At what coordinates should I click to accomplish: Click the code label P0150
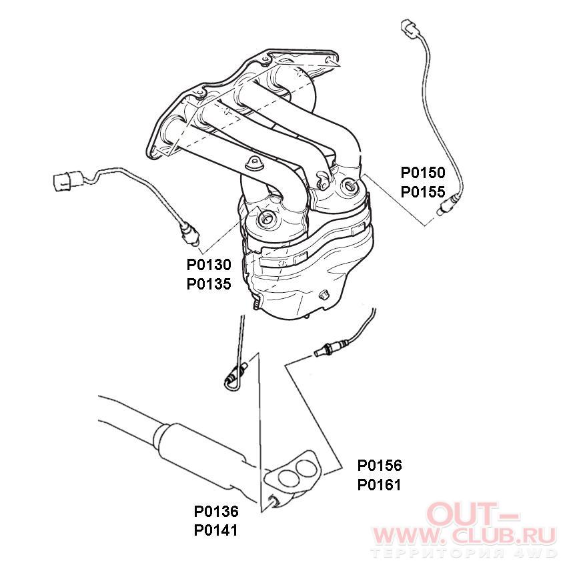click(x=423, y=173)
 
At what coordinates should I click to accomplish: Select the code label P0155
click(x=423, y=192)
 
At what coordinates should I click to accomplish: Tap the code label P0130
click(x=209, y=265)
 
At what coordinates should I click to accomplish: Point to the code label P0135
click(x=209, y=284)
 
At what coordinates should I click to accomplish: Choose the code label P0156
click(x=380, y=466)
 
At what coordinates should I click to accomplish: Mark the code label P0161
click(x=380, y=485)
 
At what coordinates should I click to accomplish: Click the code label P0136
click(x=216, y=512)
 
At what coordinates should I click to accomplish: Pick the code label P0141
click(x=216, y=530)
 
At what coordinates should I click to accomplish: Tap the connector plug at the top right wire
click(x=410, y=27)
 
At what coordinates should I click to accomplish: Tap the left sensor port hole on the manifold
click(x=267, y=217)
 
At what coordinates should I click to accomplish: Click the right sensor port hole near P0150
click(x=350, y=186)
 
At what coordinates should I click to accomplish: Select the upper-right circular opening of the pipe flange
click(x=306, y=469)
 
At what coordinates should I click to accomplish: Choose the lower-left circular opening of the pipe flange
click(x=288, y=478)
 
